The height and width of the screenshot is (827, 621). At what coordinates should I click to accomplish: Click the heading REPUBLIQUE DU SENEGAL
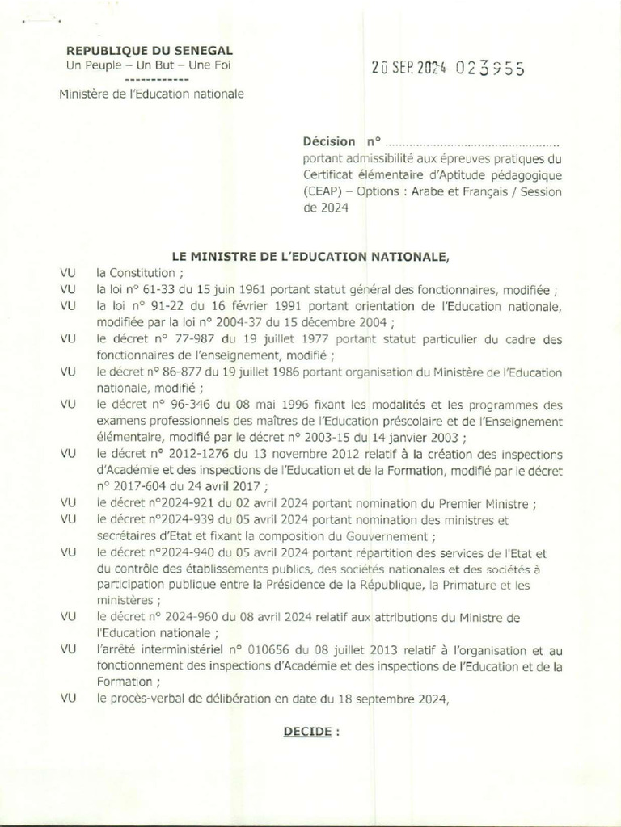click(x=150, y=51)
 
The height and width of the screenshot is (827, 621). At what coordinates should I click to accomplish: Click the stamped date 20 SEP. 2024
click(x=409, y=69)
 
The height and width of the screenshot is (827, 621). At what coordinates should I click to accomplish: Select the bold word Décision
click(x=328, y=141)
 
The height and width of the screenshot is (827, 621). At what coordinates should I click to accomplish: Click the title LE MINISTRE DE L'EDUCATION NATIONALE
click(x=310, y=257)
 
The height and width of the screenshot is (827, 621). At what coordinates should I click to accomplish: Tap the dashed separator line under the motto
click(x=158, y=81)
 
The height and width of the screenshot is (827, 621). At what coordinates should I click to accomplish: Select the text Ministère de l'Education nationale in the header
click(x=150, y=94)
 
